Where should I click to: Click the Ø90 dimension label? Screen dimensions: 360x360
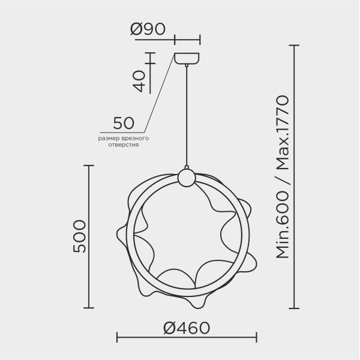click(x=148, y=29)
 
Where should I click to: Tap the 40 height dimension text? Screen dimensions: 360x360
click(x=139, y=81)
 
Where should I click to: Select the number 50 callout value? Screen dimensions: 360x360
click(x=124, y=123)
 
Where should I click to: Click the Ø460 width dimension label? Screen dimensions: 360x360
click(x=187, y=328)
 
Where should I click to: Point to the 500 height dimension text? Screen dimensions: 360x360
click(x=79, y=236)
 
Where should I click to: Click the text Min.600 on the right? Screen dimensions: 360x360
click(x=283, y=225)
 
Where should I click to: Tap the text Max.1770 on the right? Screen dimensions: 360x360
click(x=283, y=133)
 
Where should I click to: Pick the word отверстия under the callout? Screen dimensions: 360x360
click(x=124, y=145)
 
